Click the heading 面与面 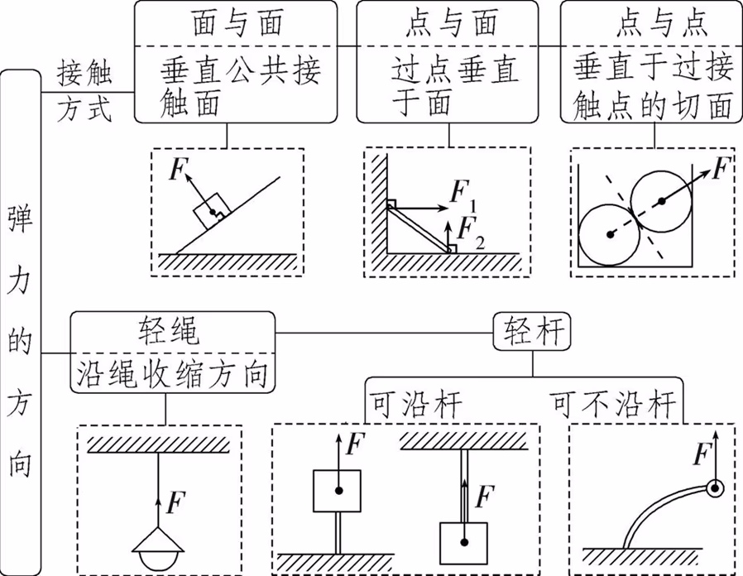pyautogui.click(x=235, y=22)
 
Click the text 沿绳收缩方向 pyautogui.click(x=172, y=374)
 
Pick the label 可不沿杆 pyautogui.click(x=614, y=405)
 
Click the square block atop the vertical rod pyautogui.click(x=336, y=490)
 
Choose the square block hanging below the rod pyautogui.click(x=465, y=542)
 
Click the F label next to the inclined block pyautogui.click(x=176, y=170)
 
